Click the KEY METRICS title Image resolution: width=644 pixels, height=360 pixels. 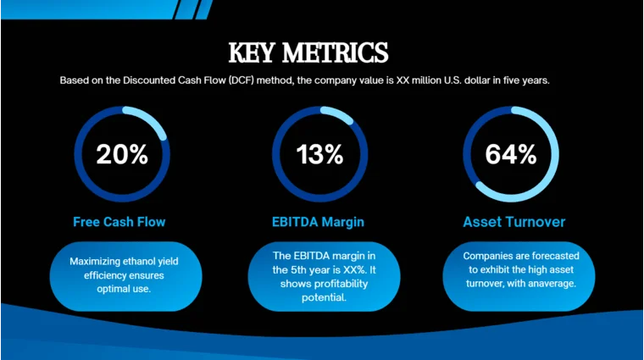point(308,53)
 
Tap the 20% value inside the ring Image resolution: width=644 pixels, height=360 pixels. point(122,154)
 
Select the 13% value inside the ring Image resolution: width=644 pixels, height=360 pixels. point(319,154)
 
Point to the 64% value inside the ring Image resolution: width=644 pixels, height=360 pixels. point(510,154)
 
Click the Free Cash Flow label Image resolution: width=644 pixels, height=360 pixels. point(119,222)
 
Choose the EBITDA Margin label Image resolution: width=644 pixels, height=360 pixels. point(318,222)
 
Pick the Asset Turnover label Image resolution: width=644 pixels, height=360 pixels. point(514,222)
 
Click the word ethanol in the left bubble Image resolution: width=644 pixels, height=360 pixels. point(147,262)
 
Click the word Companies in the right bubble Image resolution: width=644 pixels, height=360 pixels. point(486,255)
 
